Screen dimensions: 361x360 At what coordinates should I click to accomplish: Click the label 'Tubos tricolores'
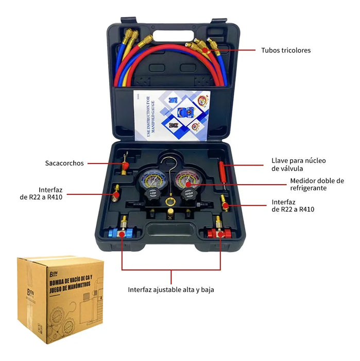click(x=286, y=50)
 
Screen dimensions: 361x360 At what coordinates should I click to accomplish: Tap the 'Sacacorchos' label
click(x=64, y=163)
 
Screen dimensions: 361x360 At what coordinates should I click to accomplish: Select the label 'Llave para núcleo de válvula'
click(x=299, y=165)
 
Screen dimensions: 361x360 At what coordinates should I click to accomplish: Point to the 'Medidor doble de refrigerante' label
click(x=316, y=184)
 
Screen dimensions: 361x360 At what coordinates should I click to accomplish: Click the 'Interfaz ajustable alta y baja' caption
click(x=171, y=289)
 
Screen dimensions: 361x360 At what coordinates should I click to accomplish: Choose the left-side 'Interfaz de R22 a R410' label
click(x=41, y=193)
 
